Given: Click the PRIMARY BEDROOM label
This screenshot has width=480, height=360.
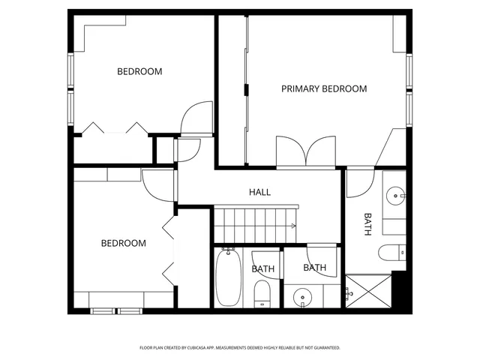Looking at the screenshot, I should [324, 88].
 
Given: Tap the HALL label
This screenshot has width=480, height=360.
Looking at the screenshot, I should [259, 192].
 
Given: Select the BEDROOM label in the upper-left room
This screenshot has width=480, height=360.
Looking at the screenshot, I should [139, 72].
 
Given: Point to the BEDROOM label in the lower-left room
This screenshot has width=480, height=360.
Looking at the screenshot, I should [124, 243].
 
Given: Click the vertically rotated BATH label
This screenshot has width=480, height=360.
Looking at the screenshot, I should [367, 224].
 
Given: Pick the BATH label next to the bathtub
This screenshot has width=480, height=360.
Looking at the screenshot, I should [262, 268].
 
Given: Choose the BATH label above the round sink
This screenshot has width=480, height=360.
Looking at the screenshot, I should [315, 267].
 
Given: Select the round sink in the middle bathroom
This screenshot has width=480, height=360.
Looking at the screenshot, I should [303, 298].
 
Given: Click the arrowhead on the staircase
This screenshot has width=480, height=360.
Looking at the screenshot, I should [294, 225].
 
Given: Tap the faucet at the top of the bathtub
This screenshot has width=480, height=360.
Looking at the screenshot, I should [227, 251].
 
